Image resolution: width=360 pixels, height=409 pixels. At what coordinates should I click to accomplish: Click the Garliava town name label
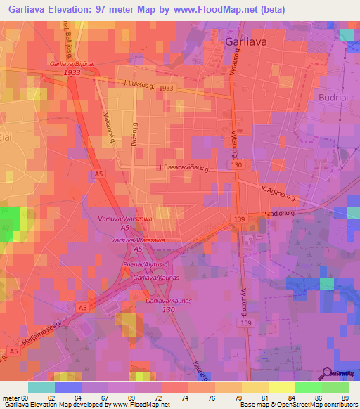[245, 41]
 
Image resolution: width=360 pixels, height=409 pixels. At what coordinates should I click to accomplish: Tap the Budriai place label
[333, 97]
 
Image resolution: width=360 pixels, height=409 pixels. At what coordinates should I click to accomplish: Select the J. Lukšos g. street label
[139, 84]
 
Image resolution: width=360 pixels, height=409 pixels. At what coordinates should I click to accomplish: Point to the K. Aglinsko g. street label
[281, 193]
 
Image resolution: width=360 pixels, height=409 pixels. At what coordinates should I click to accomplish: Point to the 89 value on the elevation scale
[344, 398]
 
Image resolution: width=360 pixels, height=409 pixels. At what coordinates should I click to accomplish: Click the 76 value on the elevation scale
[210, 398]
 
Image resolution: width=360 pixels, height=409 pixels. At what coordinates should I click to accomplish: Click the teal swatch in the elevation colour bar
[41, 387]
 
